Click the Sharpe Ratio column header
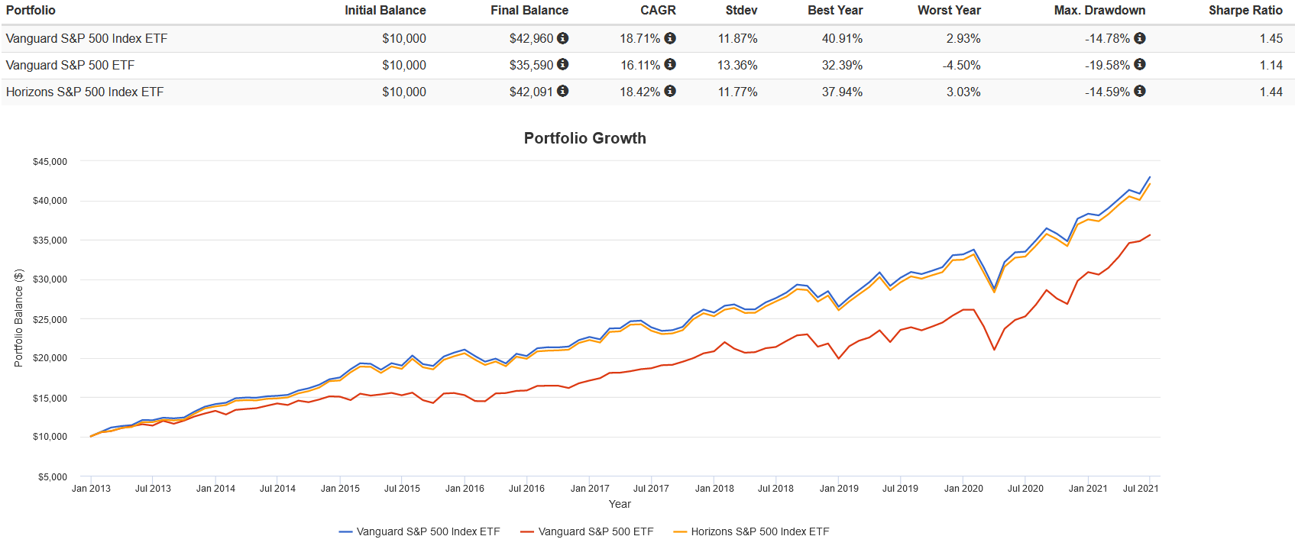[x=1245, y=11]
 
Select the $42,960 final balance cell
[x=531, y=39]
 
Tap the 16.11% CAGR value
[x=640, y=66]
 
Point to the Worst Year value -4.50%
[x=961, y=66]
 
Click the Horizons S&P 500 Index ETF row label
[x=85, y=92]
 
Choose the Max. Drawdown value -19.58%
[x=1107, y=66]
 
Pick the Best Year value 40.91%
[x=842, y=39]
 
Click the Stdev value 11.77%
[x=737, y=92]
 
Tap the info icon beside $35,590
[x=563, y=65]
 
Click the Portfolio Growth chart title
[x=584, y=138]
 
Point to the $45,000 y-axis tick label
[x=50, y=162]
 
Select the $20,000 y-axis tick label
[x=50, y=358]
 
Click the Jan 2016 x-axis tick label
[x=465, y=489]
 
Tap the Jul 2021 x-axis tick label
[x=1140, y=489]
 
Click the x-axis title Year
[x=620, y=504]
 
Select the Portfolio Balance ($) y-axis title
[x=18, y=318]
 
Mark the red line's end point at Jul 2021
[x=1150, y=235]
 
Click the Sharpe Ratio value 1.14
[x=1271, y=66]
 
